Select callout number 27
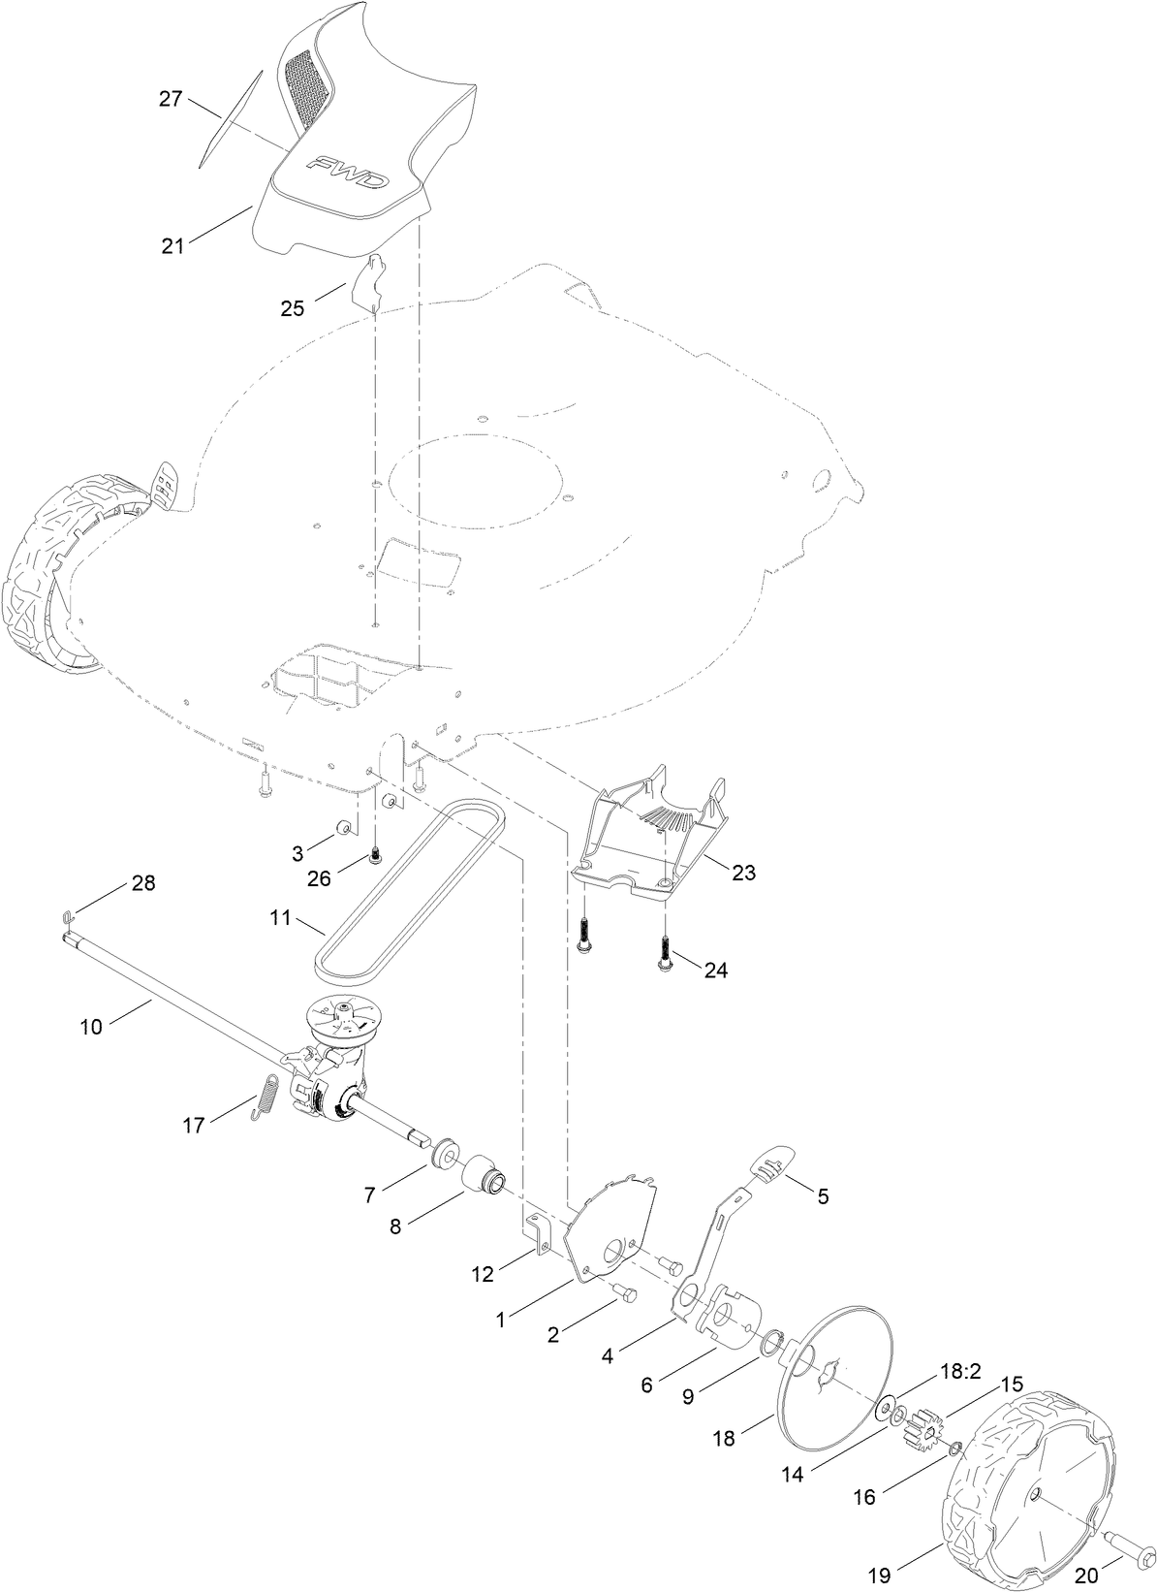pos(171,99)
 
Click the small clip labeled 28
pos(67,915)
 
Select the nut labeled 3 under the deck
pos(344,829)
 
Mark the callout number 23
pos(743,873)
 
